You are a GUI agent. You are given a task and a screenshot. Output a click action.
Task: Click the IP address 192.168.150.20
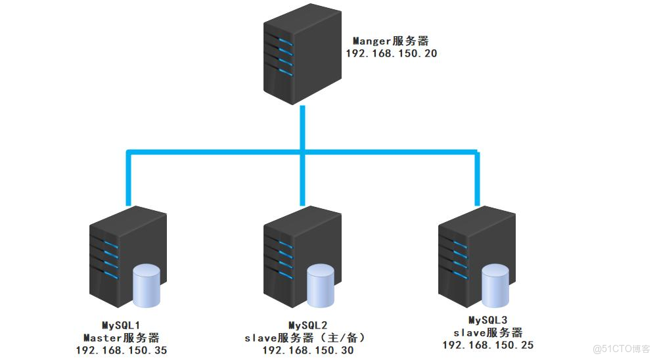pyautogui.click(x=391, y=54)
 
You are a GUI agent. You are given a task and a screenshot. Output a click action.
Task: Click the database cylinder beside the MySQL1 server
pyautogui.click(x=146, y=286)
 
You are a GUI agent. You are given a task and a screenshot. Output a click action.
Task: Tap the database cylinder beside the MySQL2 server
pyautogui.click(x=321, y=286)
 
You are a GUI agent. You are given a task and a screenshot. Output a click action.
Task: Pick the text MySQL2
pyautogui.click(x=308, y=325)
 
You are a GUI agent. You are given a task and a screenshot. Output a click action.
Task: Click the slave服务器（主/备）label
pyautogui.click(x=308, y=338)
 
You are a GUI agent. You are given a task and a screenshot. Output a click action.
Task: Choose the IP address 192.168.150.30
pyautogui.click(x=308, y=350)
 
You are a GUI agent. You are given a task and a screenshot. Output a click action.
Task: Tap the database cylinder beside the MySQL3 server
pyautogui.click(x=495, y=286)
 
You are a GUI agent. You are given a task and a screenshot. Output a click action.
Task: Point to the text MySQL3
pyautogui.click(x=488, y=320)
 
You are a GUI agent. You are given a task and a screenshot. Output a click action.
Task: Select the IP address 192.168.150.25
pyautogui.click(x=488, y=345)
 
